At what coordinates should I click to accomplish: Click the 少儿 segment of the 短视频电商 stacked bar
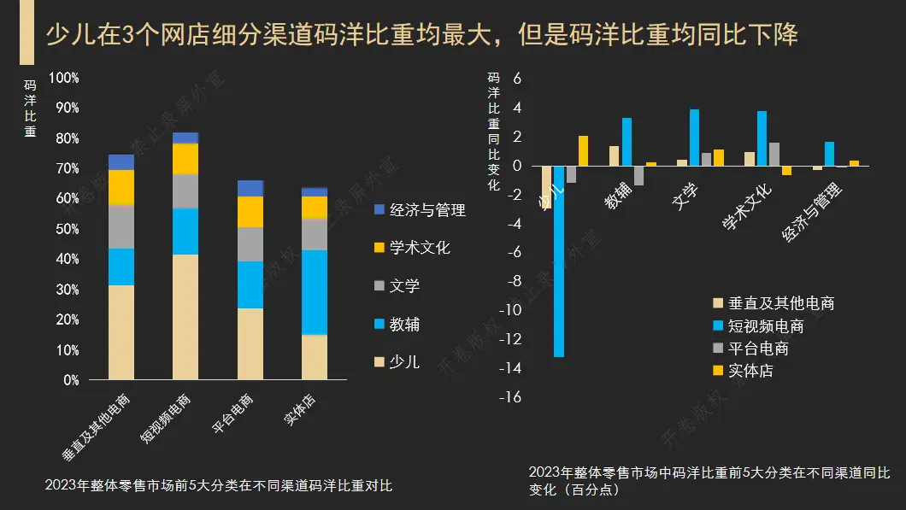coord(185,316)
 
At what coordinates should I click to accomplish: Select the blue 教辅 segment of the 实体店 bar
coord(314,291)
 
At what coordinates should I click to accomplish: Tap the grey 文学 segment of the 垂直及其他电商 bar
coord(121,226)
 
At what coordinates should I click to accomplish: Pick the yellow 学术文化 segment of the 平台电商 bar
coord(250,212)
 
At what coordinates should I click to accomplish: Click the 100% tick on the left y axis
coord(64,78)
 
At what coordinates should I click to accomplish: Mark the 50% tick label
coord(66,229)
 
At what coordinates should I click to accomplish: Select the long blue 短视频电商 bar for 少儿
coord(559,261)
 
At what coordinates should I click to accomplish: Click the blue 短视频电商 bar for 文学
coord(694,138)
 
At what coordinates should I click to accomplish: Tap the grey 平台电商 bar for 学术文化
coord(774,155)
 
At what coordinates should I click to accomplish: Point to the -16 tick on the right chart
coord(512,398)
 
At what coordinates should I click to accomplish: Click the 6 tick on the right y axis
coord(516,79)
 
